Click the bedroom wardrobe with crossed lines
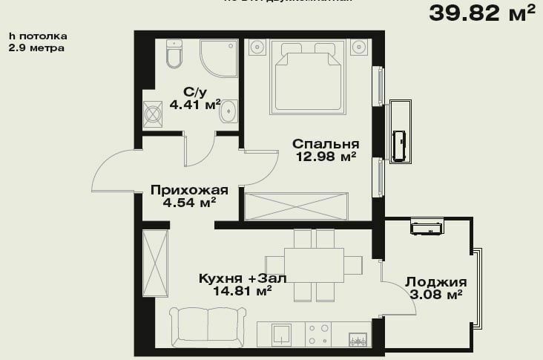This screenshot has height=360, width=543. [296, 205]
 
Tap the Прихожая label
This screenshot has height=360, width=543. [184, 189]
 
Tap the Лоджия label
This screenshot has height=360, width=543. [435, 282]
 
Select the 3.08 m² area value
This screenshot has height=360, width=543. [435, 295]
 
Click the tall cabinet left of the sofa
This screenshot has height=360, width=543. [156, 264]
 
